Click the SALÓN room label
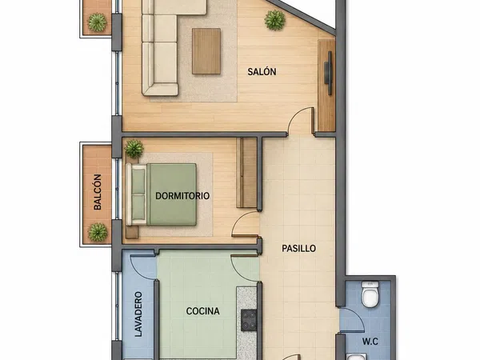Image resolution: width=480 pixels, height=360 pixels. pyautogui.click(x=262, y=72)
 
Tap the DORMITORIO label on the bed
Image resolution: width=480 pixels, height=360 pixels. pyautogui.click(x=182, y=196)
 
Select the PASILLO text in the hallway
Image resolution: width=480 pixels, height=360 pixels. pyautogui.click(x=298, y=248)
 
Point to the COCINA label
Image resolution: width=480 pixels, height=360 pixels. pyautogui.click(x=202, y=311)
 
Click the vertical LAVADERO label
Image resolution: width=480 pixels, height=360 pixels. pyautogui.click(x=138, y=314)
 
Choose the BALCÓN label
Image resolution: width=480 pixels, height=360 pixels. pyautogui.click(x=98, y=192)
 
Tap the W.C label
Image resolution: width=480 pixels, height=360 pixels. pyautogui.click(x=370, y=342)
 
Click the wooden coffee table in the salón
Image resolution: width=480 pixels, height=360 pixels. pyautogui.click(x=206, y=51)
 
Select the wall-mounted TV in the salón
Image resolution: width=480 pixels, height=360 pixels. pyautogui.click(x=328, y=73)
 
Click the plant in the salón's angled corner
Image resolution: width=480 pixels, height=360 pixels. pyautogui.click(x=275, y=20)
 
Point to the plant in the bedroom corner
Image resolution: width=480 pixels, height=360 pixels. pyautogui.click(x=134, y=149)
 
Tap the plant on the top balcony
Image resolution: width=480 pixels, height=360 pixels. pyautogui.click(x=98, y=22)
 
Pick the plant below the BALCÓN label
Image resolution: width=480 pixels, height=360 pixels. pyautogui.click(x=98, y=232)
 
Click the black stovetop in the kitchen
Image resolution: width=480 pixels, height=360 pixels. pyautogui.click(x=249, y=320)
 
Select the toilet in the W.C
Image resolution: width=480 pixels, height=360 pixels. pyautogui.click(x=370, y=294)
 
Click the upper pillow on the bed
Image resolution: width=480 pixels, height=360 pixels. pyautogui.click(x=138, y=182)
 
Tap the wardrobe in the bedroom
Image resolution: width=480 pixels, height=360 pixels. pyautogui.click(x=246, y=173)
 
